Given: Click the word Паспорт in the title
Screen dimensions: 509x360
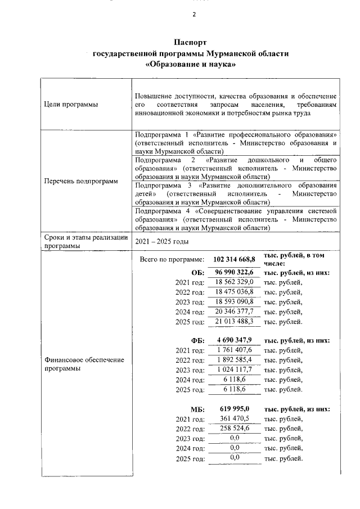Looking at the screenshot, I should tap(190, 43).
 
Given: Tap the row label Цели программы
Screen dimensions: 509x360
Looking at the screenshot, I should tap(70, 105).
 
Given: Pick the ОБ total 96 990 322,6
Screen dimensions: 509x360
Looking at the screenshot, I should tap(235, 272).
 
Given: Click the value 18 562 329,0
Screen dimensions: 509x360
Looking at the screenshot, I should tap(235, 282).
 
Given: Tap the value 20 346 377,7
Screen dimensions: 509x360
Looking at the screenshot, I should tap(235, 312).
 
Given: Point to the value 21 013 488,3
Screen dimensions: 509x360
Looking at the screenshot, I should tap(235, 321).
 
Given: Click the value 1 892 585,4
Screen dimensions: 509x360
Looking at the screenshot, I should tap(235, 360).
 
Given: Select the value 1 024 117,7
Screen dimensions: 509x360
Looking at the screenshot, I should tap(235, 370).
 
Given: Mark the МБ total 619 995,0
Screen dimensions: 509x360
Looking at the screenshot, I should tap(235, 409).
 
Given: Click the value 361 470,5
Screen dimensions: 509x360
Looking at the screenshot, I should tap(235, 418).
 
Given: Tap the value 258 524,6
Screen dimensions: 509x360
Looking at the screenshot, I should tap(235, 429).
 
